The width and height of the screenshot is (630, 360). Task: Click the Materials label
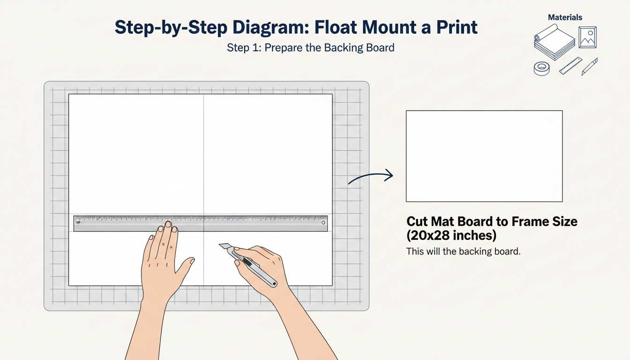[565, 17]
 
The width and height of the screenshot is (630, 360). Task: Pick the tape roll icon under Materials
[542, 68]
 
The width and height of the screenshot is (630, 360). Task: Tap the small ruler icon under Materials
[570, 66]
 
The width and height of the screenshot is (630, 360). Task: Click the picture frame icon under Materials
[587, 37]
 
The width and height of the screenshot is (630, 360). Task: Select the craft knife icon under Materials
[590, 67]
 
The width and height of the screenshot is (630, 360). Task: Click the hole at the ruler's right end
[323, 224]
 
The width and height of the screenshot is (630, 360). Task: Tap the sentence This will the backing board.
[463, 252]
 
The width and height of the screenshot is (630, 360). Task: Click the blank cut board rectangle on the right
[484, 156]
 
